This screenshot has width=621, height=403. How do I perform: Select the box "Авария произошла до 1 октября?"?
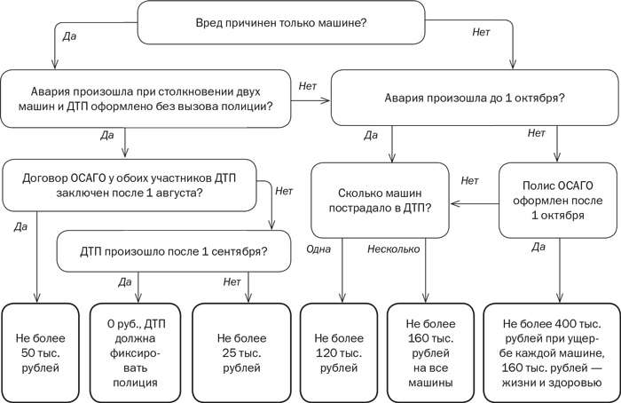[x=475, y=97]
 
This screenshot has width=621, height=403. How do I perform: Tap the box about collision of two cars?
[x=148, y=97]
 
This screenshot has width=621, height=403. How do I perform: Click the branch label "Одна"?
[x=318, y=249]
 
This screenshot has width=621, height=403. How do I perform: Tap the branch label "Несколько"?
[x=394, y=249]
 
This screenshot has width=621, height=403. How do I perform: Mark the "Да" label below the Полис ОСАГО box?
[x=538, y=247]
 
